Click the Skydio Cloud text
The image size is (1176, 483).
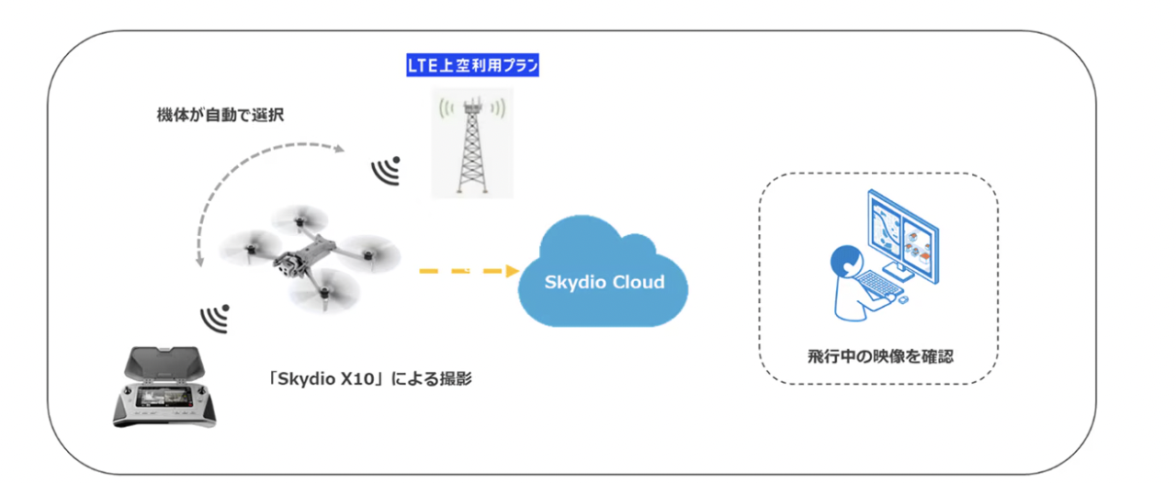603,282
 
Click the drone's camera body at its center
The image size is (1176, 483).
287,264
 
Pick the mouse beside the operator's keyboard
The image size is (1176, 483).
904,298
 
